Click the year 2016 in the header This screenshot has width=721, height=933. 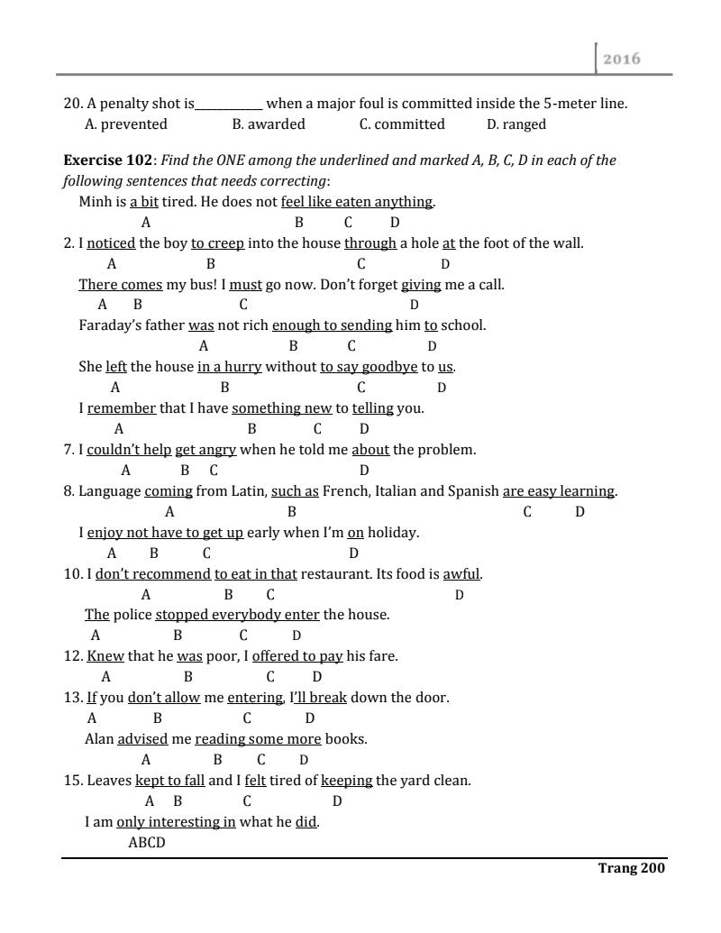pyautogui.click(x=621, y=59)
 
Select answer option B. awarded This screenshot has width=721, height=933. pyautogui.click(x=269, y=124)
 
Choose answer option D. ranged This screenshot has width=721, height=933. pyautogui.click(x=516, y=124)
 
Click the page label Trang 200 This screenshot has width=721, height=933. pyautogui.click(x=631, y=869)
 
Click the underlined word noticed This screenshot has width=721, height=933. pyautogui.click(x=111, y=242)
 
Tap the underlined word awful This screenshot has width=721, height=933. pyautogui.click(x=461, y=574)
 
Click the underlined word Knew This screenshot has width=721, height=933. pyautogui.click(x=105, y=657)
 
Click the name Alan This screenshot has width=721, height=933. pyautogui.click(x=99, y=740)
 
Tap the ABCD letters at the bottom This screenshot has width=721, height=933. pyautogui.click(x=147, y=844)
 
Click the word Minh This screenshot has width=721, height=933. pyautogui.click(x=95, y=202)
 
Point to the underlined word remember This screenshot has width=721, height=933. pyautogui.click(x=122, y=408)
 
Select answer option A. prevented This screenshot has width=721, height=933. pyautogui.click(x=125, y=124)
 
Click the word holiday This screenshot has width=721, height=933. pyautogui.click(x=393, y=533)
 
